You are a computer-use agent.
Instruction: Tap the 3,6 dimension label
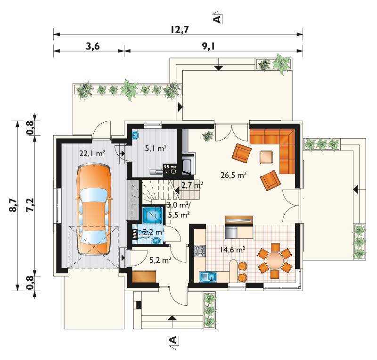pyautogui.click(x=92, y=46)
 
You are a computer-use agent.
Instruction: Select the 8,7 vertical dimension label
pyautogui.click(x=14, y=205)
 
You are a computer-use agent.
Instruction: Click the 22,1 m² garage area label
pyautogui.click(x=92, y=153)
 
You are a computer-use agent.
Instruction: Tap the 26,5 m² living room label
pyautogui.click(x=233, y=175)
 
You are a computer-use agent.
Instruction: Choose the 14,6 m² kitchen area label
pyautogui.click(x=232, y=250)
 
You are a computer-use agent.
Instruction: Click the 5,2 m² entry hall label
pyautogui.click(x=160, y=260)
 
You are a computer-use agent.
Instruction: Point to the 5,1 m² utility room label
pyautogui.click(x=156, y=148)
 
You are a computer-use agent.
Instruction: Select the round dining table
pyautogui.click(x=275, y=260)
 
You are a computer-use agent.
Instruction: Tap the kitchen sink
pyautogui.click(x=208, y=276)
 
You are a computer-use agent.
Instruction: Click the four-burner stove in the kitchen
pyautogui.click(x=200, y=251)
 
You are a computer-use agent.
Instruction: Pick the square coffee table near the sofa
pyautogui.click(x=266, y=157)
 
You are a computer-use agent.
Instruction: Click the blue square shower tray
pyautogui.click(x=152, y=214)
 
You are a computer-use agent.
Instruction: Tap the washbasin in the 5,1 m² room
pyautogui.click(x=136, y=135)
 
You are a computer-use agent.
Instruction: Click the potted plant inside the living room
pyautogui.click(x=208, y=136)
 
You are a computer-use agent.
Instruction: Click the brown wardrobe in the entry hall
pyautogui.click(x=144, y=276)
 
